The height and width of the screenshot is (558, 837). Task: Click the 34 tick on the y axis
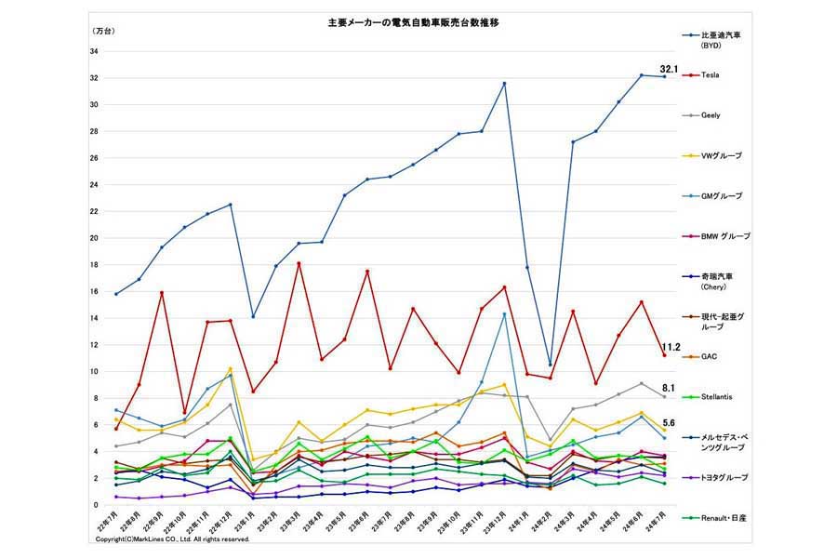pos(95,51)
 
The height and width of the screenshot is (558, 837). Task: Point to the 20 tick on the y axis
pos(95,237)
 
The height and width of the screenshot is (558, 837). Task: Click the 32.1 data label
pos(671,69)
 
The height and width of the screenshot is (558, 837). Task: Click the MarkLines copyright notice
pos(173,538)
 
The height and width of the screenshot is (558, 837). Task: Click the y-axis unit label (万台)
pos(105,32)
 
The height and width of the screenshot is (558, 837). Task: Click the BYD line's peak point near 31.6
pos(504,84)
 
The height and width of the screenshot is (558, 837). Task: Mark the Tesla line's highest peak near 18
pos(299,263)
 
